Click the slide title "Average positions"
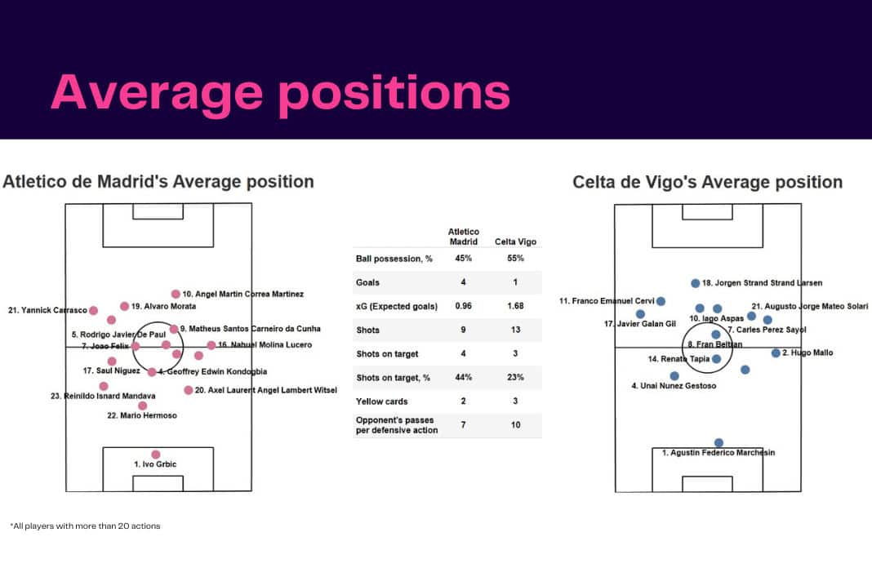(x=280, y=93)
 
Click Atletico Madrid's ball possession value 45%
(x=463, y=258)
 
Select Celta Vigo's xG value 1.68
(x=515, y=306)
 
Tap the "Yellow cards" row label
(x=381, y=401)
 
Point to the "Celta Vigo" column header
(x=515, y=242)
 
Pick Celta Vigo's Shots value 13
(x=515, y=330)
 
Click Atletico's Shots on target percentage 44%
(x=463, y=377)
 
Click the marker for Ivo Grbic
(x=156, y=455)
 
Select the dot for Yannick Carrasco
(x=93, y=310)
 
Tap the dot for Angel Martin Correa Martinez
(x=176, y=294)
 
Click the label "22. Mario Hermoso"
(x=142, y=415)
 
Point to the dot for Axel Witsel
(x=189, y=390)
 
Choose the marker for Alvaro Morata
(x=125, y=306)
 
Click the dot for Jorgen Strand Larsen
(x=695, y=283)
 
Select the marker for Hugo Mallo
(x=776, y=353)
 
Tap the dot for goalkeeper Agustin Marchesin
(x=719, y=443)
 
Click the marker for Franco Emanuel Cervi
(x=661, y=301)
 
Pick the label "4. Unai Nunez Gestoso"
(x=674, y=386)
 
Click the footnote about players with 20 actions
(x=85, y=526)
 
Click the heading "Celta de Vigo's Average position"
(x=707, y=182)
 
